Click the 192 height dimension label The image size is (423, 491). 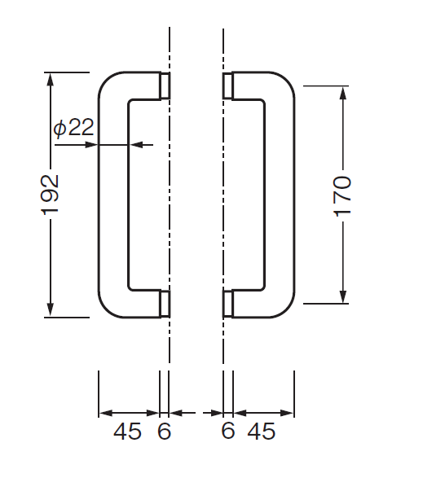coord(51,195)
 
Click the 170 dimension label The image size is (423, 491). coord(342,196)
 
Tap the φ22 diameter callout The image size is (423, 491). coord(74,128)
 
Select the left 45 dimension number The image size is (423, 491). coord(127,432)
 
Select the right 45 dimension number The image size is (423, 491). coord(262,432)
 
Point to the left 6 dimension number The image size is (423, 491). coord(164,432)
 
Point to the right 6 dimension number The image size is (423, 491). coord(228,430)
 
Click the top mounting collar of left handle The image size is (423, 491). coord(165,85)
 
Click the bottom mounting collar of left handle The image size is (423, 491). coord(165,304)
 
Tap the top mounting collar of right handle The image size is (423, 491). coord(227,85)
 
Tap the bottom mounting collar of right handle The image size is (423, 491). coord(227,304)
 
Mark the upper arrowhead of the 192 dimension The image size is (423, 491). coord(51,79)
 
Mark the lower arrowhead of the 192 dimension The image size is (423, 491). coord(51,310)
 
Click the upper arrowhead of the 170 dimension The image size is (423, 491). coord(343,93)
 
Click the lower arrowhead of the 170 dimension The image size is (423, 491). coord(343,296)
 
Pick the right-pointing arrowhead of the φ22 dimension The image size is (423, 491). coord(91,145)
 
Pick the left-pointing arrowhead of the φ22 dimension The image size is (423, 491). coord(136,145)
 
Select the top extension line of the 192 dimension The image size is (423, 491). coord(67,72)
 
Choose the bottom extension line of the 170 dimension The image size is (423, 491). coord(326,304)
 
